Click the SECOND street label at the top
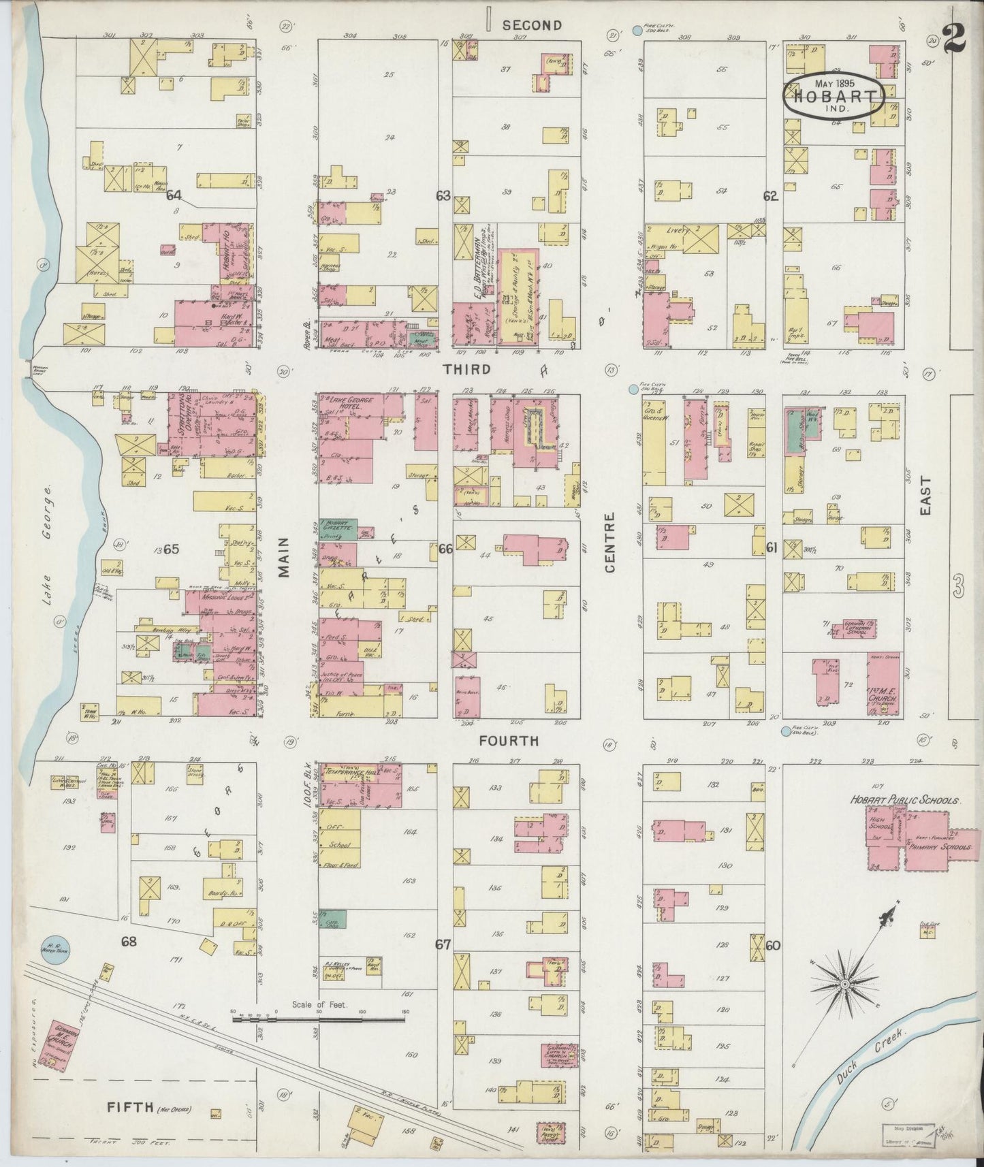pos(532,25)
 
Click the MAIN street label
pos(283,557)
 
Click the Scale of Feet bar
pos(319,1019)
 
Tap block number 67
pos(443,944)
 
